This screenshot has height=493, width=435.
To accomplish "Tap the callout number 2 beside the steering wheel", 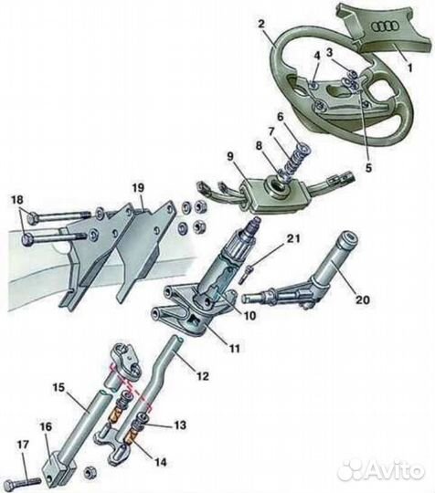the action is tap(261, 25).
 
